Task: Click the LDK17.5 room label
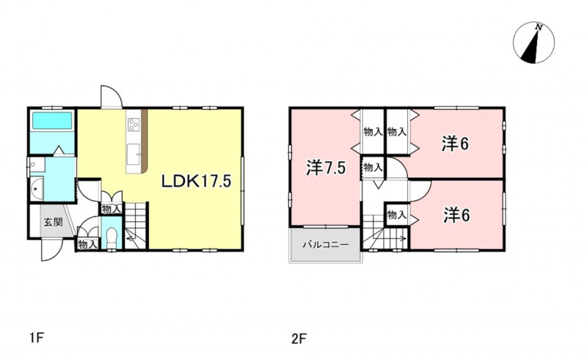(197, 181)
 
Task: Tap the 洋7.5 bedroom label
(326, 168)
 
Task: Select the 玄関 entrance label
(53, 222)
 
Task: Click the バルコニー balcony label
(326, 245)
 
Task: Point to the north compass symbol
(534, 43)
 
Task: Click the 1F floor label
(37, 339)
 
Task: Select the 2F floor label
(299, 339)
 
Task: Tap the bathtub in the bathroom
(52, 120)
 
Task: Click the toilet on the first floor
(112, 238)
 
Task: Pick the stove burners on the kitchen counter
(134, 125)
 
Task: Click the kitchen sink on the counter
(133, 154)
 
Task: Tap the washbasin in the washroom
(37, 189)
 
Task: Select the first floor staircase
(136, 226)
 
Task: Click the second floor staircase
(384, 232)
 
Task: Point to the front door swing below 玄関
(51, 249)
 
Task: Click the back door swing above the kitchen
(112, 97)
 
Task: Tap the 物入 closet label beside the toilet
(88, 245)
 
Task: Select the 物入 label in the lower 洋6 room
(397, 215)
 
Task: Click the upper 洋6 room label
(455, 144)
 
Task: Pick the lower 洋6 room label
(456, 215)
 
